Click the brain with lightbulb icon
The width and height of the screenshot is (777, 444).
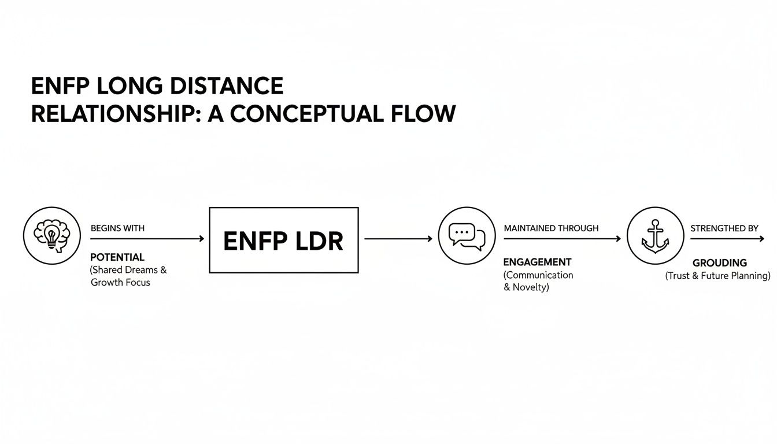click(x=52, y=236)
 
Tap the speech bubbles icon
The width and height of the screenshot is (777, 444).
click(x=467, y=236)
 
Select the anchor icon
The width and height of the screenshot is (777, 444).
click(x=655, y=236)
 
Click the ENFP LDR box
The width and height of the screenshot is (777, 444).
click(x=283, y=240)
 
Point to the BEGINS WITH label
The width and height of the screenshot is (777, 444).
click(x=117, y=228)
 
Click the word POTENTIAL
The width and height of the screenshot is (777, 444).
click(x=117, y=257)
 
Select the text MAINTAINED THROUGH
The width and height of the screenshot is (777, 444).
click(x=551, y=228)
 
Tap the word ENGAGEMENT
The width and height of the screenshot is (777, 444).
click(x=538, y=262)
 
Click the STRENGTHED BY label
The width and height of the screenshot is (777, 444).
click(x=724, y=228)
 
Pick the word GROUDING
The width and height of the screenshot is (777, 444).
click(x=719, y=262)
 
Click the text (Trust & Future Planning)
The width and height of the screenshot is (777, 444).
click(x=718, y=276)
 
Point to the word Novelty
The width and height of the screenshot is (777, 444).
click(x=531, y=287)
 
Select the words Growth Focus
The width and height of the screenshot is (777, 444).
click(x=120, y=283)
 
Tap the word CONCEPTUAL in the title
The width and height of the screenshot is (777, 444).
click(x=306, y=114)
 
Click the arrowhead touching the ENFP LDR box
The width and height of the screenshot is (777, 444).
click(x=201, y=239)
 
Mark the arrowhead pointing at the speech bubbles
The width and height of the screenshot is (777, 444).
click(x=429, y=239)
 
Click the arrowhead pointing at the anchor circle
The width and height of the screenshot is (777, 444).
click(x=617, y=239)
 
